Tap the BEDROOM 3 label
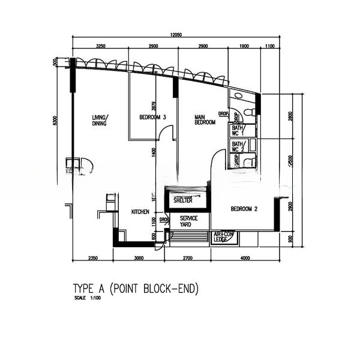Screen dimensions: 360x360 click(x=152, y=118)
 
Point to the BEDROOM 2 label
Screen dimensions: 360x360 click(x=244, y=209)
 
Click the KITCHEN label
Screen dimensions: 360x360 click(x=140, y=212)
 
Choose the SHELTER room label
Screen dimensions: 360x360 click(x=183, y=200)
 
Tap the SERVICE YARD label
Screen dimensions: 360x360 click(x=188, y=221)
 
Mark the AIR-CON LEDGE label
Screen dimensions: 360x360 click(x=223, y=237)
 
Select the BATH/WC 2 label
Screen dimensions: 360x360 click(x=238, y=147)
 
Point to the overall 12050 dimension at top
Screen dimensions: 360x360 click(x=176, y=35)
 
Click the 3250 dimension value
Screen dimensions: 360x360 click(x=101, y=46)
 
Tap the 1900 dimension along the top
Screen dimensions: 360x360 click(x=244, y=46)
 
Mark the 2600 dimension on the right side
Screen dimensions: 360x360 click(x=291, y=117)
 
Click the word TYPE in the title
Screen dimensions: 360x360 click(x=84, y=289)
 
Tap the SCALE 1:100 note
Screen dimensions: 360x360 click(x=87, y=298)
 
